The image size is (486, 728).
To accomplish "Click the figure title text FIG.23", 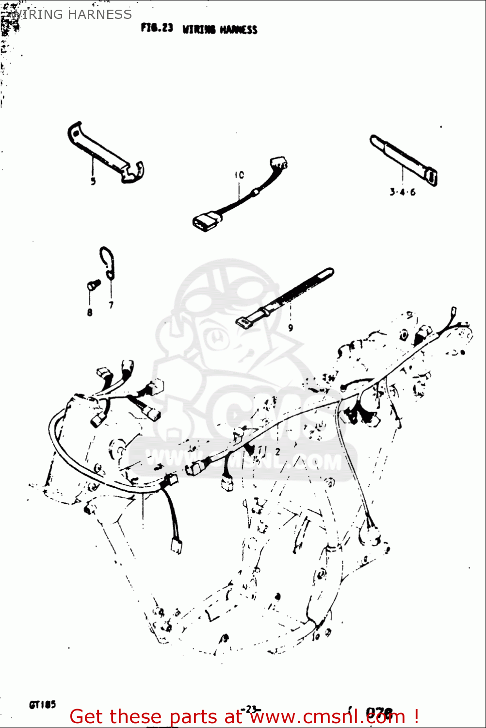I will [157, 28].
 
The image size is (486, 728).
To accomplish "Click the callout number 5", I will [93, 181].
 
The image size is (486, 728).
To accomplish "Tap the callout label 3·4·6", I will [402, 192].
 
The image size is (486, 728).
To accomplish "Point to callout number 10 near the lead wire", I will [239, 175].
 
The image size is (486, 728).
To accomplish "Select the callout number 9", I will [291, 328].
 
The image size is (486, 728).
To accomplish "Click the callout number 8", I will [90, 312].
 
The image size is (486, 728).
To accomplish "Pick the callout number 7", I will [111, 305].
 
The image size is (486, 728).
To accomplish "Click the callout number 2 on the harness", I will [277, 451].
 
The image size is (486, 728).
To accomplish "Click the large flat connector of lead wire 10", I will [206, 221].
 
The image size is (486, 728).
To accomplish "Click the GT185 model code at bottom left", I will [42, 704].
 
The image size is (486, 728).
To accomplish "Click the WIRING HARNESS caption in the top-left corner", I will [71, 15].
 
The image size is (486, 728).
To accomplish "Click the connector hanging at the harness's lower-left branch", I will [176, 546].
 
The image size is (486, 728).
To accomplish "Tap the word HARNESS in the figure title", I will [238, 30].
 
